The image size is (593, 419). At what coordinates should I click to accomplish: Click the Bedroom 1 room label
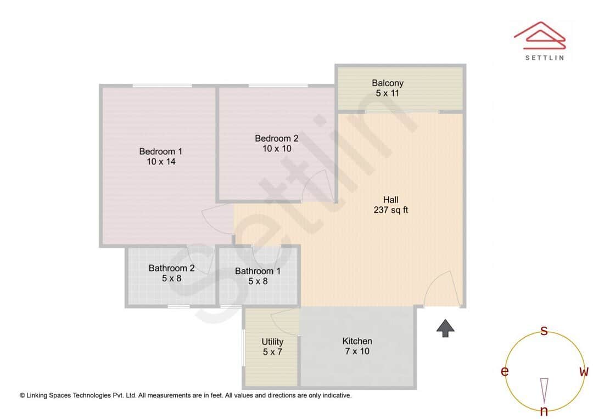tap(160, 151)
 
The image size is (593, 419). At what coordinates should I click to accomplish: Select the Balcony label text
tap(387, 83)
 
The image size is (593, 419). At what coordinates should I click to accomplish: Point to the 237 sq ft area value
tap(390, 210)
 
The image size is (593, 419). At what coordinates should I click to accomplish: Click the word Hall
tap(390, 200)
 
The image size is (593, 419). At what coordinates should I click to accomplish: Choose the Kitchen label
tap(357, 341)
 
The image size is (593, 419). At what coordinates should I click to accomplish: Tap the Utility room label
tap(272, 342)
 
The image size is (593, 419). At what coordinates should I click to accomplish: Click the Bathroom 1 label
tap(258, 271)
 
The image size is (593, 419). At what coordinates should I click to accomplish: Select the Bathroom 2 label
tap(171, 268)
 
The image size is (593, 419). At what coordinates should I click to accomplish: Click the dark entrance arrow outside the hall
tap(445, 328)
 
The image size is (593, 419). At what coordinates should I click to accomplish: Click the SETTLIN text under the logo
tap(544, 58)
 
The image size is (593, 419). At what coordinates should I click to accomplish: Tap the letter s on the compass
tap(544, 331)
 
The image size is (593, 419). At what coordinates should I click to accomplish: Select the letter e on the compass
tap(504, 372)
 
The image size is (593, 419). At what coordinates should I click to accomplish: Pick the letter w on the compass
tap(584, 372)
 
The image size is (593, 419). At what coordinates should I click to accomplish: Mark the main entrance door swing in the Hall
tap(441, 289)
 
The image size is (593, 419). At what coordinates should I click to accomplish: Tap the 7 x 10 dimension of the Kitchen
tap(357, 352)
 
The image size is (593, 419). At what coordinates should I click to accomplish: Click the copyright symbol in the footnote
tap(23, 395)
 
